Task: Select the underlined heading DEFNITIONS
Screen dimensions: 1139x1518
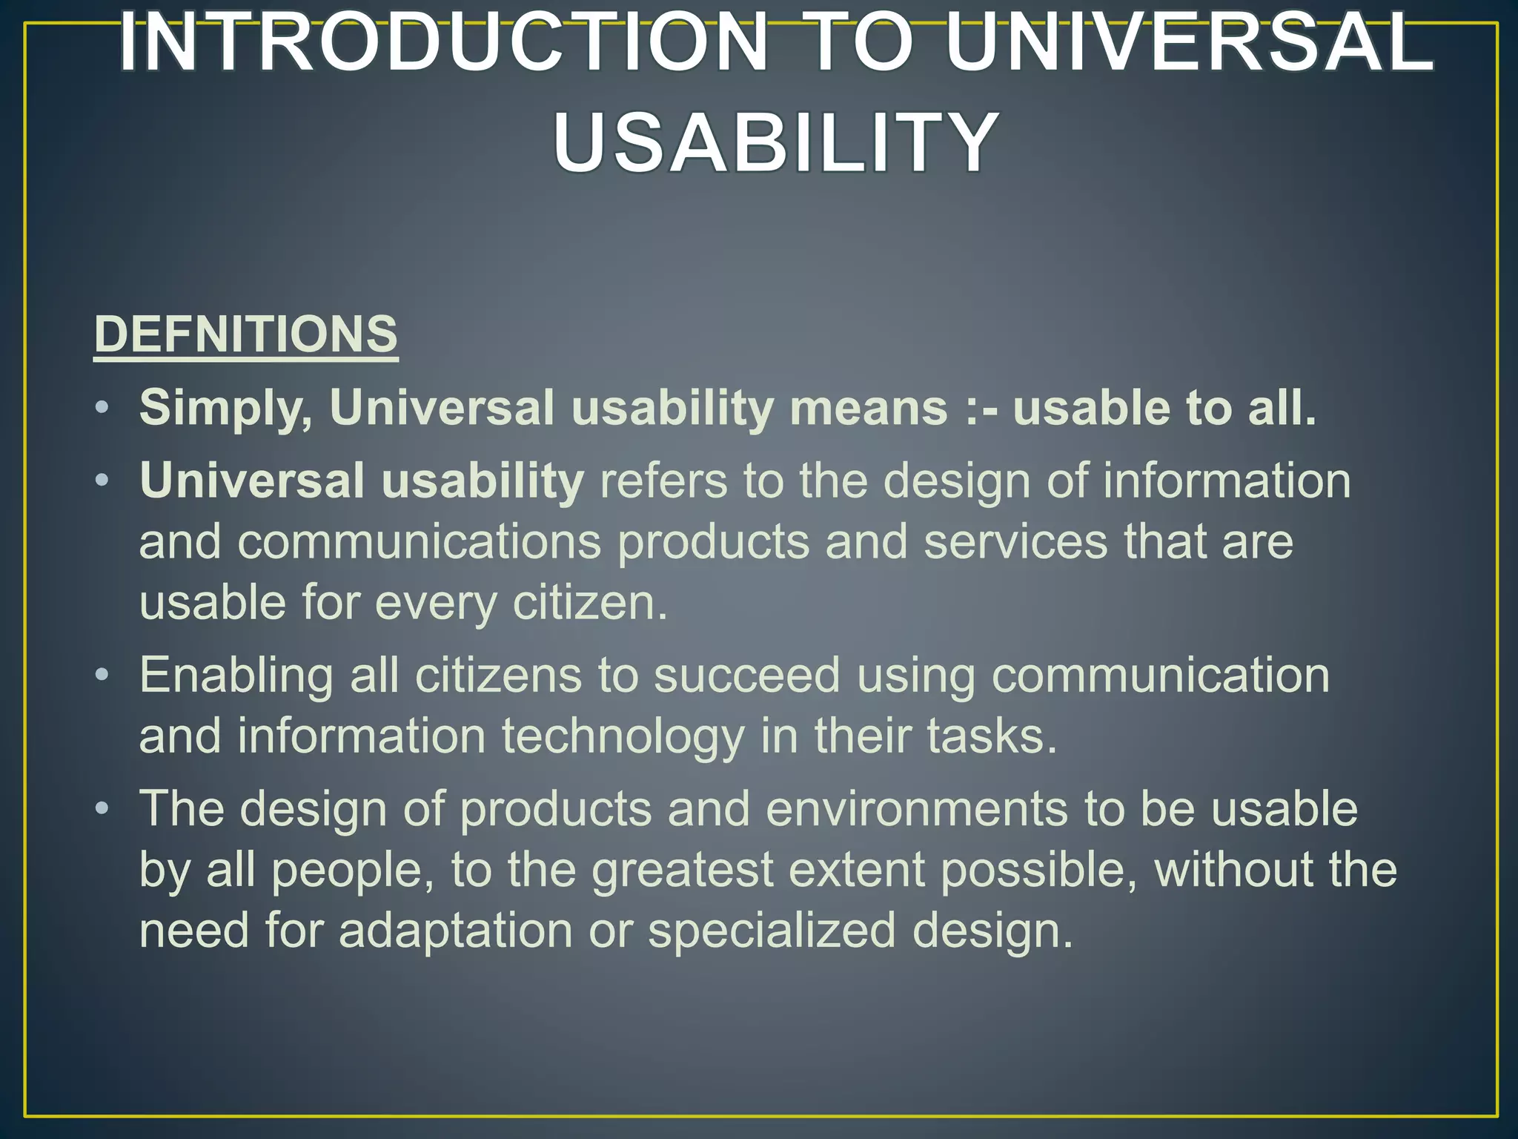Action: [x=246, y=334]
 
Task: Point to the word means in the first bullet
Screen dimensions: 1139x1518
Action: [x=869, y=408]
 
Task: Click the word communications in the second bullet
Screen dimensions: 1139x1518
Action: [x=419, y=542]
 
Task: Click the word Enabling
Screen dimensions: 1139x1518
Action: [x=236, y=676]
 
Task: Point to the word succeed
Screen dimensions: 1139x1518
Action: [x=746, y=676]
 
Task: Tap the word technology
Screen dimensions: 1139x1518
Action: [x=623, y=736]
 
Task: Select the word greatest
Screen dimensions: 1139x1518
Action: [x=682, y=870]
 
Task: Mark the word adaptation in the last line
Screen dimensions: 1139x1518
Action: [x=455, y=931]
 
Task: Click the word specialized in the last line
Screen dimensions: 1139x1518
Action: [x=772, y=931]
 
